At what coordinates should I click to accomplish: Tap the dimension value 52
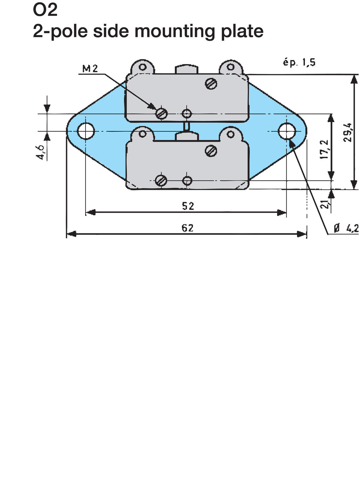[x=188, y=206]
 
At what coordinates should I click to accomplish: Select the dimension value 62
[x=188, y=228]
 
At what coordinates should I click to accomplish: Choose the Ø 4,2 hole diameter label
[x=346, y=229]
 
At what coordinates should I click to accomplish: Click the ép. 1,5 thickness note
[x=299, y=62]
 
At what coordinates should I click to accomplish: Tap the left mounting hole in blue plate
[x=86, y=131]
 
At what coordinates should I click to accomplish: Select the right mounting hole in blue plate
[x=287, y=131]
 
